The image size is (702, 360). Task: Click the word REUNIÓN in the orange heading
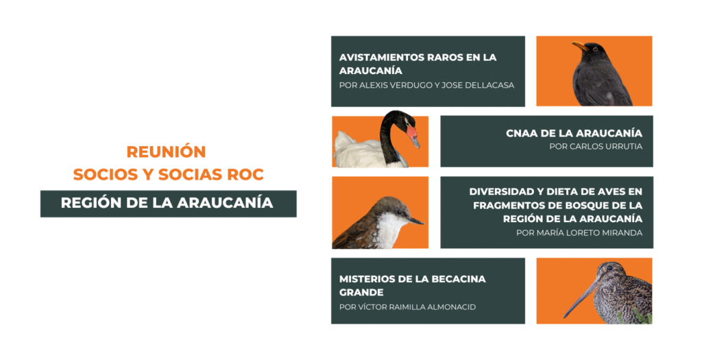tap(166, 152)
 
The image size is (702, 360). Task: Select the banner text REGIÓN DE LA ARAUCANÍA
tap(167, 203)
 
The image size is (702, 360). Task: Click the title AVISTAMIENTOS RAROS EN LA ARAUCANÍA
tap(417, 64)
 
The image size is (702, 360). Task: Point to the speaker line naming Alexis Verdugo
tap(426, 85)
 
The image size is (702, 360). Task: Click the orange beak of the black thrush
tap(580, 46)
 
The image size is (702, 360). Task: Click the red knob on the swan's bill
tap(411, 132)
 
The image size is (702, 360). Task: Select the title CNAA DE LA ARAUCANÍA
tap(574, 133)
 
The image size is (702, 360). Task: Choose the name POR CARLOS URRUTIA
tap(596, 147)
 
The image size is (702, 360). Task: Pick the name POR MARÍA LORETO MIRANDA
tap(579, 233)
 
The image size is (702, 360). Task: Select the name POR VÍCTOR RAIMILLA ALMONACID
tap(407, 307)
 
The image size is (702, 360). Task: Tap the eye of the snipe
tap(609, 269)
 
